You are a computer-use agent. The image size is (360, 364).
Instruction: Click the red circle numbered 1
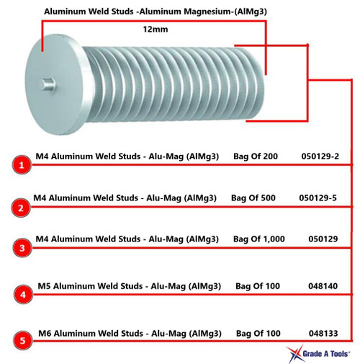pyautogui.click(x=22, y=165)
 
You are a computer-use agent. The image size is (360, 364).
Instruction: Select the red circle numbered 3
pyautogui.click(x=22, y=249)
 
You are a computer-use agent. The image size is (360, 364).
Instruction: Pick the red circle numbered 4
pyautogui.click(x=22, y=296)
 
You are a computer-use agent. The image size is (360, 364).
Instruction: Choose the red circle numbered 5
pyautogui.click(x=22, y=340)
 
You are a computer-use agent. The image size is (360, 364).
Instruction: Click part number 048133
pyautogui.click(x=323, y=333)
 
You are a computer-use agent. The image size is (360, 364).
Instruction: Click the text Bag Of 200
pyautogui.click(x=256, y=156)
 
